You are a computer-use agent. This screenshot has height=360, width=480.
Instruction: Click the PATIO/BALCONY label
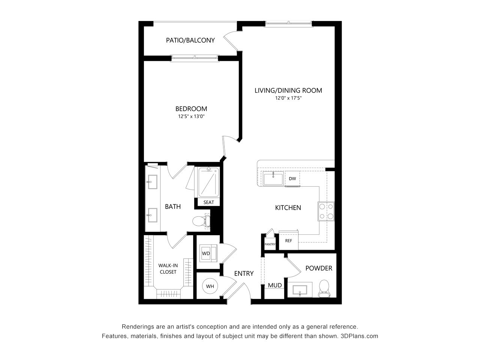point(190,40)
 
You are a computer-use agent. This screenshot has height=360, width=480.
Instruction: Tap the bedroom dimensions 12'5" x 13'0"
point(191,116)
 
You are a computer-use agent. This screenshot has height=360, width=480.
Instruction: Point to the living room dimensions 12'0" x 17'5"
point(288,98)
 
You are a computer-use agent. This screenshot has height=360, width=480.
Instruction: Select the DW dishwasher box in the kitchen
point(292,178)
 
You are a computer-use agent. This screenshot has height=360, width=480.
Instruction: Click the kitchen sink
point(273,178)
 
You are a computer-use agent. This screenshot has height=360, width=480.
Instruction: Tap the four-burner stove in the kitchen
point(326,211)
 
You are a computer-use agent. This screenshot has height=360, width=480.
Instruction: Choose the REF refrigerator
point(288,240)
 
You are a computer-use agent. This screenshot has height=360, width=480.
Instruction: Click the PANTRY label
point(270,244)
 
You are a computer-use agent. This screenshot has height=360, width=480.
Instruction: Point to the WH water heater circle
point(210,286)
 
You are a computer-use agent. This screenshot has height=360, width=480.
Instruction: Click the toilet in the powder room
point(324,289)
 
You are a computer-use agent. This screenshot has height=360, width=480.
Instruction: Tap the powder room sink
point(300,290)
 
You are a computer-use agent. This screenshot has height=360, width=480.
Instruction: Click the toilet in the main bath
point(201,221)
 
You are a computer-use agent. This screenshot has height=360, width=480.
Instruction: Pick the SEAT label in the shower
point(208,202)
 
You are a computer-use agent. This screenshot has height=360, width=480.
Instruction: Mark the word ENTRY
point(244,273)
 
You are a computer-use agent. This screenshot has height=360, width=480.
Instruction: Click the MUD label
point(275,285)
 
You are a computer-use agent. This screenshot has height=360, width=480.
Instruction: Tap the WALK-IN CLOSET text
point(168,268)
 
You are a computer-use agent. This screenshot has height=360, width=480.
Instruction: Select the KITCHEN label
point(288,208)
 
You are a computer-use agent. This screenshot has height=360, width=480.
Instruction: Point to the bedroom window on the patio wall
point(195,58)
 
